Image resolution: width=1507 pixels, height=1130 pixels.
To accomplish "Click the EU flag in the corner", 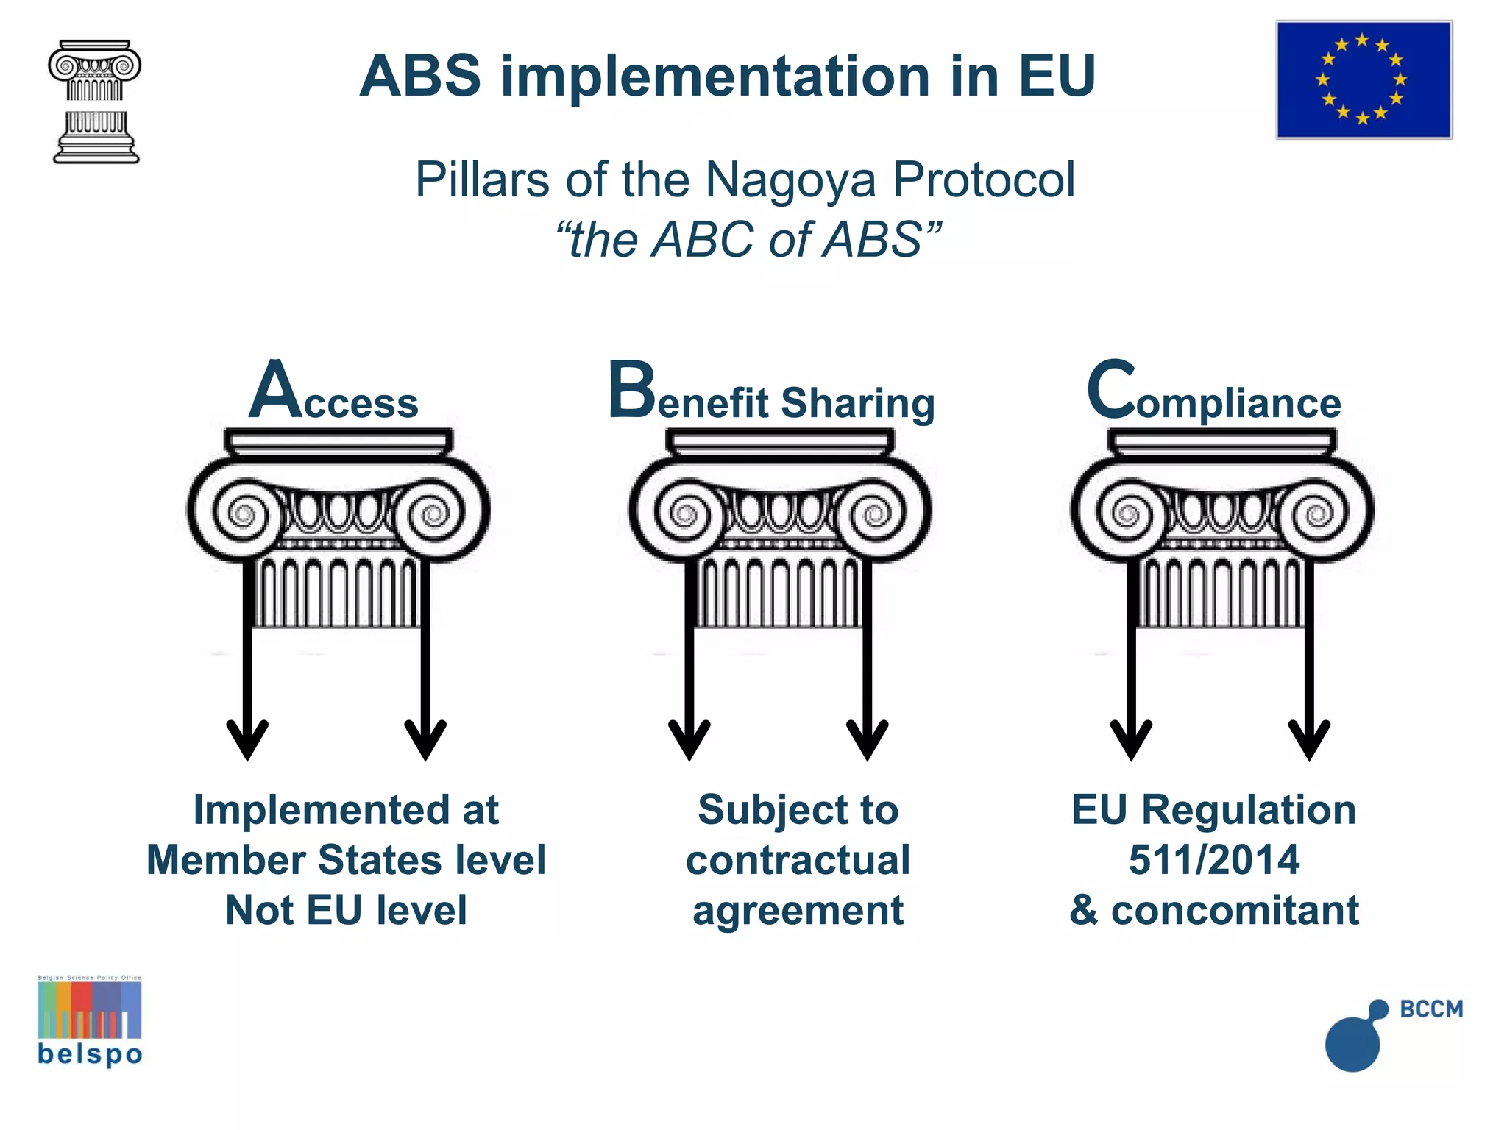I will click(x=1364, y=79).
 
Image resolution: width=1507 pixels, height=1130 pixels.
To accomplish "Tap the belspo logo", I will click(x=90, y=1021).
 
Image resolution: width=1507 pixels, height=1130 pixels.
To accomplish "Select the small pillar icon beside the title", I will click(x=95, y=102).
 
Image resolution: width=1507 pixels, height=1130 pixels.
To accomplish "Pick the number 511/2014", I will click(x=1214, y=859).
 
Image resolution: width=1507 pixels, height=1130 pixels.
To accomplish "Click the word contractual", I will click(x=798, y=859).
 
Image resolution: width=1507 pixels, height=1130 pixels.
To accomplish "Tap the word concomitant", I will click(x=1235, y=910).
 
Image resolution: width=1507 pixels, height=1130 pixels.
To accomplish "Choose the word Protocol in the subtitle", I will click(x=984, y=180).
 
